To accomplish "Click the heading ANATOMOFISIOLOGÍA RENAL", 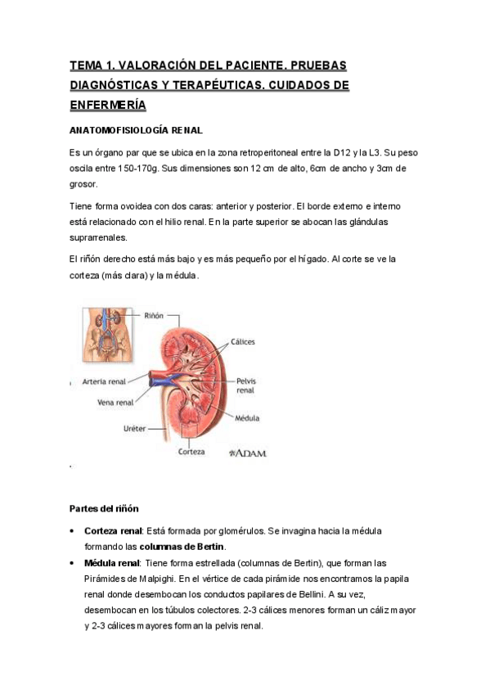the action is (136, 130).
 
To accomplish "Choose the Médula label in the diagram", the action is (246, 417).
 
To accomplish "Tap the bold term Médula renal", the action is (111, 562).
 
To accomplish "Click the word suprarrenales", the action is (98, 237).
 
